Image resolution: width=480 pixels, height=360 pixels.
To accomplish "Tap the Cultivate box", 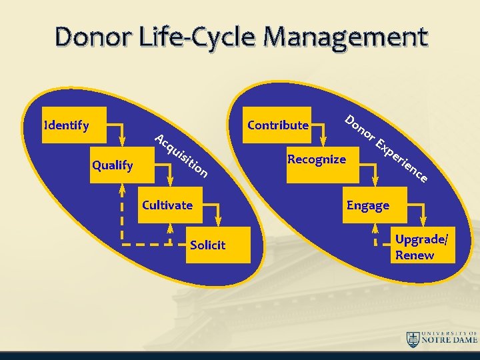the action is (x=167, y=205).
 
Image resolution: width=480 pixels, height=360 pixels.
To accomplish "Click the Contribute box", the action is (x=277, y=125).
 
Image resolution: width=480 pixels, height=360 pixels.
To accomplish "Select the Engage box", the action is (x=368, y=205).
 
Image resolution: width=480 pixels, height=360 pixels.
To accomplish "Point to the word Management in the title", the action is (x=344, y=39).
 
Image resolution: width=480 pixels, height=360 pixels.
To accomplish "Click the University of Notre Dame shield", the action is (x=413, y=339).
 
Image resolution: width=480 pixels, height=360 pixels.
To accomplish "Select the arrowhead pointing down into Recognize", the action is (x=324, y=141).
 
